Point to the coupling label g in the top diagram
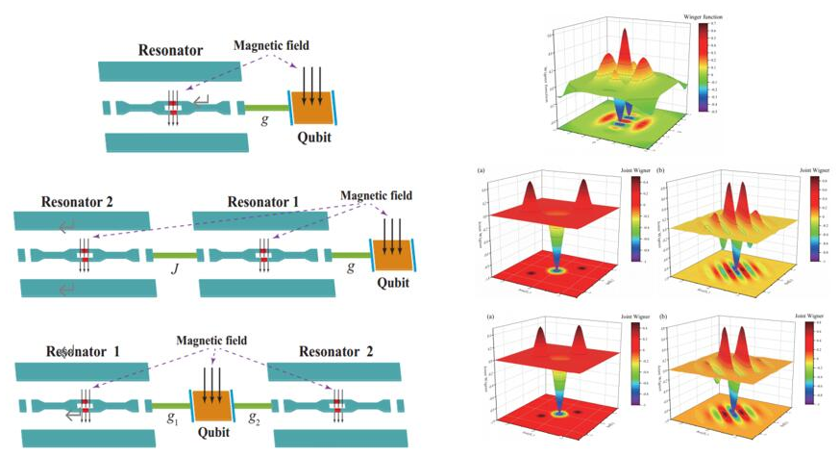coord(263,120)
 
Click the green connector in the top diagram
coord(263,106)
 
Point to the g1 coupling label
coord(173,421)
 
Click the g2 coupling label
coord(254,421)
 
